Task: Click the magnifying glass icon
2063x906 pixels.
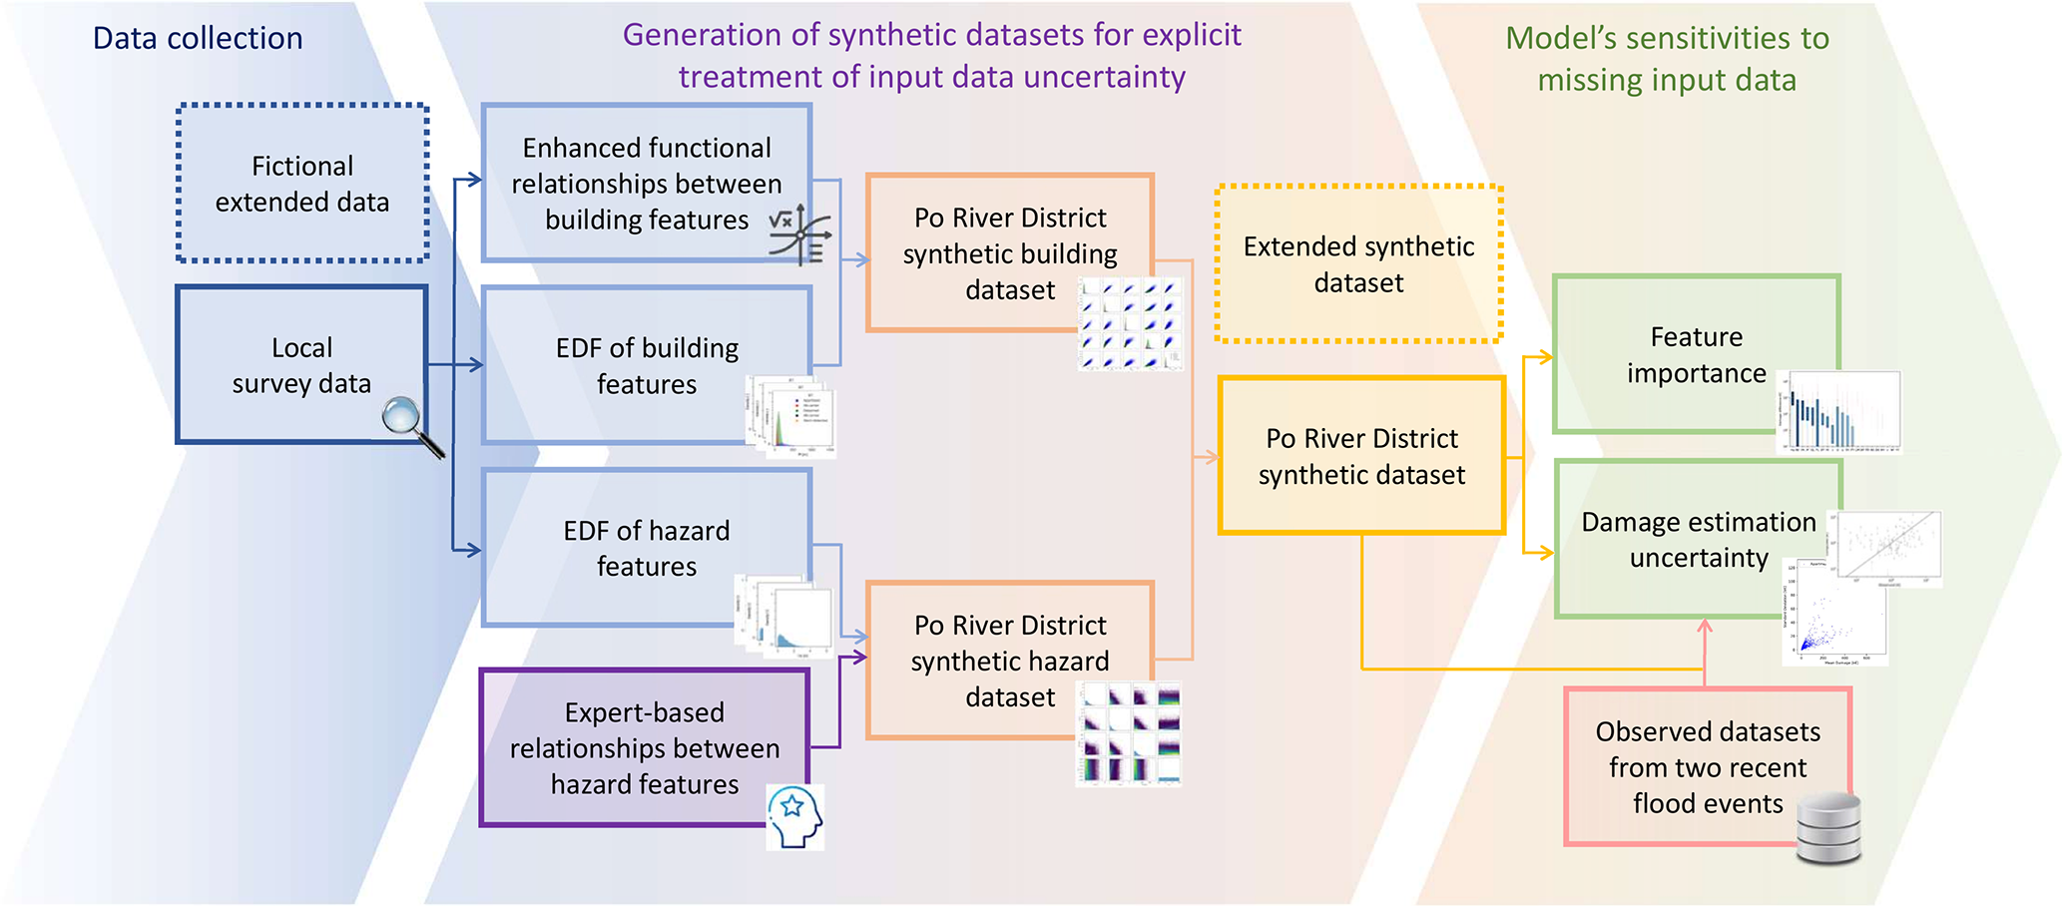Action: tap(409, 424)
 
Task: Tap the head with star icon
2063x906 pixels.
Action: tap(795, 816)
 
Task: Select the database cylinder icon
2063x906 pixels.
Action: tap(1828, 827)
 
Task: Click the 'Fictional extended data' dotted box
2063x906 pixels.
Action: tap(302, 184)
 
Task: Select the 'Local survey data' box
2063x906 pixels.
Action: tap(301, 365)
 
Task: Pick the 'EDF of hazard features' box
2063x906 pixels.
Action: tap(646, 548)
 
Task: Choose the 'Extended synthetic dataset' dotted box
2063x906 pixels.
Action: tap(1358, 264)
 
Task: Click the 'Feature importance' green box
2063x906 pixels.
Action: tap(1695, 354)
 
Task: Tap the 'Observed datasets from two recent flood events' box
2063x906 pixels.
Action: tap(1707, 766)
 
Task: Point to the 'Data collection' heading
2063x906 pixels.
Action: tap(198, 38)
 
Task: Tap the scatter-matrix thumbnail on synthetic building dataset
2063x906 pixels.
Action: tap(1130, 324)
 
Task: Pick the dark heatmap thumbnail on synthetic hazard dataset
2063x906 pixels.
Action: tap(1129, 733)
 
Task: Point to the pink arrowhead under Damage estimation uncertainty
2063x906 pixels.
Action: tap(1705, 627)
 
